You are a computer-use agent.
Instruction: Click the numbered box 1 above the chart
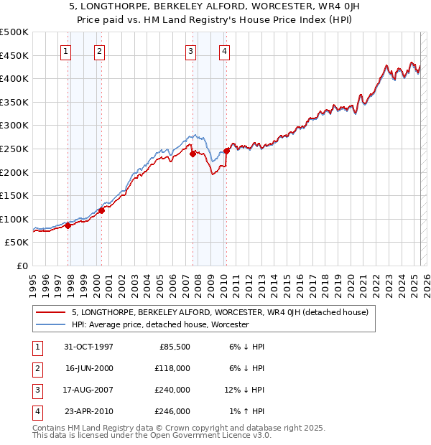(x=66, y=51)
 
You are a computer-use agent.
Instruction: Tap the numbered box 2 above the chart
(x=98, y=51)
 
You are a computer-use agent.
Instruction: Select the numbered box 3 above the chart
(x=190, y=51)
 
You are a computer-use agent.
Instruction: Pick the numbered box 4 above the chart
(x=224, y=51)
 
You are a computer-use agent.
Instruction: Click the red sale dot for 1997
(x=68, y=225)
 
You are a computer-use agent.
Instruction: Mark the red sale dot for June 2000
(x=101, y=210)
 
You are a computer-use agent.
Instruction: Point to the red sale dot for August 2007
(x=193, y=154)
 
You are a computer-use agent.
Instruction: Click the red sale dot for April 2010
(x=226, y=151)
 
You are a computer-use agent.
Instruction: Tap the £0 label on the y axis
(x=22, y=266)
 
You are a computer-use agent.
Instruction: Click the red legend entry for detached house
(x=220, y=312)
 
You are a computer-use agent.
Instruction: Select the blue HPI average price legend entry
(x=159, y=324)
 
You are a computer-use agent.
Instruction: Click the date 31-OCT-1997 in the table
(x=88, y=347)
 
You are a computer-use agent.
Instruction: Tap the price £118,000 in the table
(x=173, y=368)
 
